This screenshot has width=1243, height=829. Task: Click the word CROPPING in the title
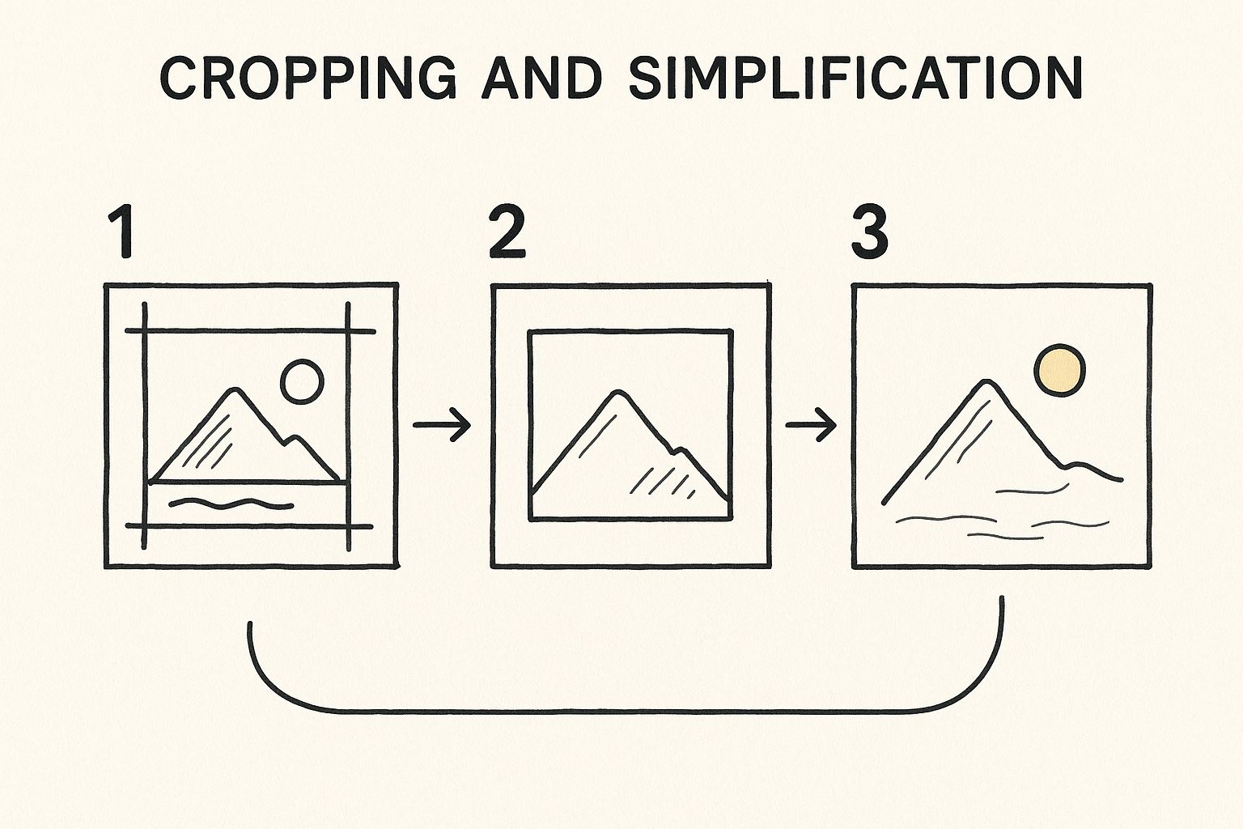tap(308, 78)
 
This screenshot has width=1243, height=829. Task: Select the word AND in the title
tap(542, 78)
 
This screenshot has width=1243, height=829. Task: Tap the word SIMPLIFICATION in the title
tap(855, 78)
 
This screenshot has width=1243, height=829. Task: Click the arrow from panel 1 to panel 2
tap(443, 425)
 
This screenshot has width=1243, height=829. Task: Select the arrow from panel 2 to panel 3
tap(811, 425)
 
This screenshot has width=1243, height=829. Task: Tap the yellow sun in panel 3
tap(1060, 370)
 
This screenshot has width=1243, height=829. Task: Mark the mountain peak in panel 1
tap(234, 389)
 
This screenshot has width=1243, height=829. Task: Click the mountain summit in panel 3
tap(986, 381)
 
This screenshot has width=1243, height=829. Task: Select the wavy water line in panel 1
tap(231, 504)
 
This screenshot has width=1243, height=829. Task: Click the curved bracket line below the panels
tap(626, 712)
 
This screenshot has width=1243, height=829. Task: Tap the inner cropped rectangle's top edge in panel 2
tap(630, 332)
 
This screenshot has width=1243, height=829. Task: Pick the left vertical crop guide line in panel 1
tap(145, 426)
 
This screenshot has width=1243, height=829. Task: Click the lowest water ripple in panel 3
tap(1006, 537)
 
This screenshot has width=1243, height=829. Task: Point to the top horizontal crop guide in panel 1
tap(250, 331)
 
